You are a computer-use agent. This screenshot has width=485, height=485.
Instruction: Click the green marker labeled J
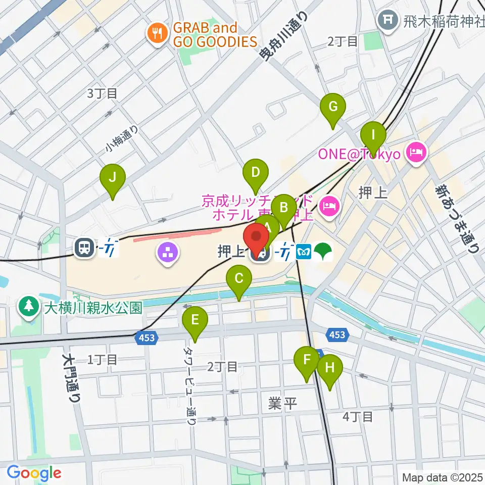113,178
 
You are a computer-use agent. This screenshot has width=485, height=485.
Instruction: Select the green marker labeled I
373,135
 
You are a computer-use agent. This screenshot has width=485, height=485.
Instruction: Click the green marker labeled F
306,361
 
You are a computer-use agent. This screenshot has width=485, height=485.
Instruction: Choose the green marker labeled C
239,279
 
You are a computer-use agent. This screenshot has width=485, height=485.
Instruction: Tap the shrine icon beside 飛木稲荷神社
389,21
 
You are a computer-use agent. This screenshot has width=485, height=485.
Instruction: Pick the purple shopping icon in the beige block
168,252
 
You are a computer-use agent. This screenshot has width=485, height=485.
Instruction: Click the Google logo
34,473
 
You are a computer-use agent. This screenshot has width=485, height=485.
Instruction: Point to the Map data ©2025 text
442,477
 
